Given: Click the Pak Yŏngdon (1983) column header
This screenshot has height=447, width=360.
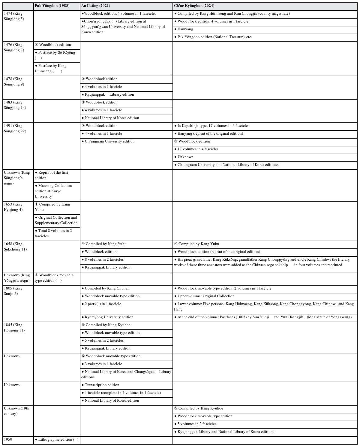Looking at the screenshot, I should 52,6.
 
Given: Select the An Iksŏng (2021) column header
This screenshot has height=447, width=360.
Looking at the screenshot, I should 95,6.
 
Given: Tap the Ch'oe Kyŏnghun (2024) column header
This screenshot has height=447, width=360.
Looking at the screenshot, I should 194,6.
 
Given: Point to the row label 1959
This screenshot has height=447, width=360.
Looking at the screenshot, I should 8,439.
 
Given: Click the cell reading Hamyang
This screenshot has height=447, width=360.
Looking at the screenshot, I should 185,29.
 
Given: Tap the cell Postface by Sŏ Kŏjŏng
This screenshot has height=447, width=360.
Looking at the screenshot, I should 57,55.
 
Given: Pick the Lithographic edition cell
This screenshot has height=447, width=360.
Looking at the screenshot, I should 57,439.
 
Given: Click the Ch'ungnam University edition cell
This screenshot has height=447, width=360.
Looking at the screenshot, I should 109,141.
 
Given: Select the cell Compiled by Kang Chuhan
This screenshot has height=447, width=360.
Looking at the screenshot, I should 107,288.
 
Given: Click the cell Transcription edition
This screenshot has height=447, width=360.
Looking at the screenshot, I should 102,385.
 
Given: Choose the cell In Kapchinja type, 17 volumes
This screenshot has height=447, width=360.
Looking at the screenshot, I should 213,126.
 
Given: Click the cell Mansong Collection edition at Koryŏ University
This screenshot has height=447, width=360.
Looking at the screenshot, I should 57,191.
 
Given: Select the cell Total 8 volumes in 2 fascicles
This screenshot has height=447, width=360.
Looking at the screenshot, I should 57,233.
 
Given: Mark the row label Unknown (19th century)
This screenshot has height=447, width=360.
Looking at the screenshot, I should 16,411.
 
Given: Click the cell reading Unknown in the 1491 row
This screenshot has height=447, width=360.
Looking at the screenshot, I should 185,157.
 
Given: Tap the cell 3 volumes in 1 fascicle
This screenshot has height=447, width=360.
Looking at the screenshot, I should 103,364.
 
